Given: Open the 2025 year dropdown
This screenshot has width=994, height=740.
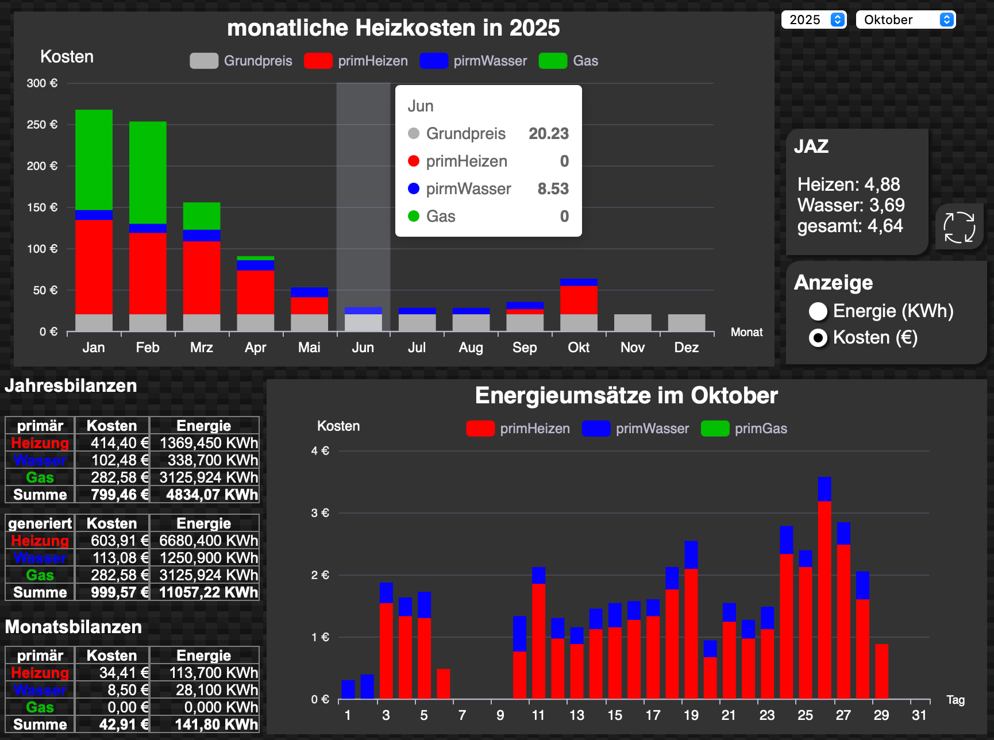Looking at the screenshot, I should point(814,20).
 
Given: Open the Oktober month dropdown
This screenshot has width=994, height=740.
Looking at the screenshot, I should point(905,20).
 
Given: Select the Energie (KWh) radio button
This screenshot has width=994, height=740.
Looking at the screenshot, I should point(818,311).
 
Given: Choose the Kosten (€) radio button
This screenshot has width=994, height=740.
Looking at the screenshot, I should point(818,338).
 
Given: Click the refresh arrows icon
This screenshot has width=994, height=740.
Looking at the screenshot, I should point(959,228).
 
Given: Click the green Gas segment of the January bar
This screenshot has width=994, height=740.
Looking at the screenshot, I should point(94,160).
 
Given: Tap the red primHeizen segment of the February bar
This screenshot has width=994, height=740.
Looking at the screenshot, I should point(148,273).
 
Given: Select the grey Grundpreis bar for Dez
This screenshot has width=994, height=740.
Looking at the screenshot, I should point(687,323).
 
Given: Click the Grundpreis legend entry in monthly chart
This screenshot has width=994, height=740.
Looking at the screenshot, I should point(241,61).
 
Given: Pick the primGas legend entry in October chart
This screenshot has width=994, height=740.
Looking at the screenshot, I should point(745,429).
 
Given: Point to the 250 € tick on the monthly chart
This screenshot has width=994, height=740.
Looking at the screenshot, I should point(42,125).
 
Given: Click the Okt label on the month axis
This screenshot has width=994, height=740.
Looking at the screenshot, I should point(579,348).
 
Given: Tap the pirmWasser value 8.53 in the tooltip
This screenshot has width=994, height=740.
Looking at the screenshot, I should point(553,188).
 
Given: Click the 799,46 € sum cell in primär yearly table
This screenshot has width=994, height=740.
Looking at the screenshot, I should point(113,495).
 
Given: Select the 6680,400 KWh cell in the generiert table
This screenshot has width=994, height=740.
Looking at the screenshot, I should point(205,541).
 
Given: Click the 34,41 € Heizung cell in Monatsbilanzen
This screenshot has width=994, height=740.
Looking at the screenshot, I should point(113,673).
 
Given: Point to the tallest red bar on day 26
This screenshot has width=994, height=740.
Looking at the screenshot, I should point(825,598).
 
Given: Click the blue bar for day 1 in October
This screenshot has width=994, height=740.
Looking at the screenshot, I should point(348,689).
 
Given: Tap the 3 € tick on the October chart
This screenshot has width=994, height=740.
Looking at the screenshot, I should point(320,513).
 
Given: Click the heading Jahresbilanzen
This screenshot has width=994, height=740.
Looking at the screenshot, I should point(71,386).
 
